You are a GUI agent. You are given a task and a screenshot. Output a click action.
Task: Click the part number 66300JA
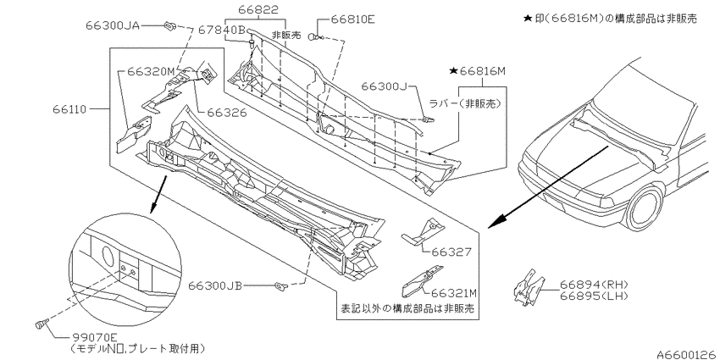coord(112,25)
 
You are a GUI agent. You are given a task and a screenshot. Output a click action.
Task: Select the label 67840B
coord(222,30)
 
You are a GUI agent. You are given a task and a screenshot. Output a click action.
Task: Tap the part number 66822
coord(258,9)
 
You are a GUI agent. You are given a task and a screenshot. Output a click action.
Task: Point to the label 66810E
coord(352,19)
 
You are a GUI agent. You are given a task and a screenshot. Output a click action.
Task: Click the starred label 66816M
coord(477,71)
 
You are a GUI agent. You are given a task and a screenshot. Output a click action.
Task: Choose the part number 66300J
coord(383,86)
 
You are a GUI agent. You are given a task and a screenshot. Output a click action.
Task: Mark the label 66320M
coord(152,71)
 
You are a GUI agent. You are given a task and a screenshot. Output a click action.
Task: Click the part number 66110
coord(69,110)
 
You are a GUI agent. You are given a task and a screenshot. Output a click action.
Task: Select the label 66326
coord(226,113)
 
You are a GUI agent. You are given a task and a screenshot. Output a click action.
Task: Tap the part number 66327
coord(451,252)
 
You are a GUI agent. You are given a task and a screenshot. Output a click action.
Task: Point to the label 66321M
coord(454,293)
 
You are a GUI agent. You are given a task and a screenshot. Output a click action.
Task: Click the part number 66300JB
coord(215,286)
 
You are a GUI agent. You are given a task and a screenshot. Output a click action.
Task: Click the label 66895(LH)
coord(594,296)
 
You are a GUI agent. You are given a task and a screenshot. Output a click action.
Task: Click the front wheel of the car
coord(645,207)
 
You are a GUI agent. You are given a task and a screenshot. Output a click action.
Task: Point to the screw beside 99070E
coord(42,324)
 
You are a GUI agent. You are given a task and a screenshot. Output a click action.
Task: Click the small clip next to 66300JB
coord(281,286)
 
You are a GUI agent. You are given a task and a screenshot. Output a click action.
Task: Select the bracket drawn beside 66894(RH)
coord(528,287)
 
